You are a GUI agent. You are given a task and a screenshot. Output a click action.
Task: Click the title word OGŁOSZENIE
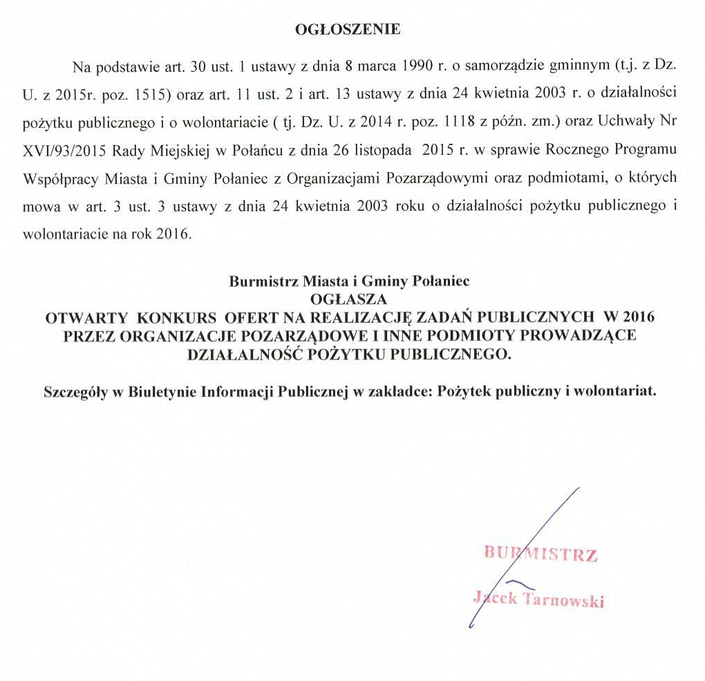click(347, 30)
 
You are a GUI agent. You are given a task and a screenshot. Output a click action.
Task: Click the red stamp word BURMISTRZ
click(540, 554)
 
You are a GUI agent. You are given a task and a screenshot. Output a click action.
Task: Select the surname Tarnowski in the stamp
click(565, 599)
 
